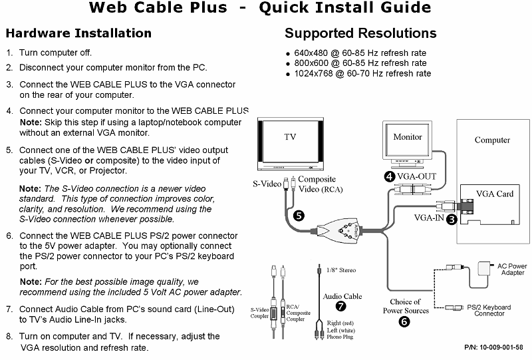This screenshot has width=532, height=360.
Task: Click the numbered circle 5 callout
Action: [x=299, y=216]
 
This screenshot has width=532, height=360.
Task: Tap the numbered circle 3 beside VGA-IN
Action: [x=451, y=219]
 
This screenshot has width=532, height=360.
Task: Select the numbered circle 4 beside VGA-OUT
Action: [x=389, y=176]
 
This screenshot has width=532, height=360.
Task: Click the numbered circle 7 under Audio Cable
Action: [x=341, y=307]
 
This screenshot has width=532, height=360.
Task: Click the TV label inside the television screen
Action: [x=291, y=137]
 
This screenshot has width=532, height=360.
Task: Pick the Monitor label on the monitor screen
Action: [x=408, y=137]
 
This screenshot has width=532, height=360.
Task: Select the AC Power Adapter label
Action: [x=512, y=270]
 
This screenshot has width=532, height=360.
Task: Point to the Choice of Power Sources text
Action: [x=406, y=306]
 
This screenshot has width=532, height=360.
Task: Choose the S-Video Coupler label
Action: [x=261, y=312]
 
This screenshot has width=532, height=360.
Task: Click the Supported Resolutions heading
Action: [x=360, y=33]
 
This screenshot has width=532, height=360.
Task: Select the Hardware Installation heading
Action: [x=78, y=33]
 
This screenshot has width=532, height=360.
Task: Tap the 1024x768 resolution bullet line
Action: [x=362, y=73]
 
